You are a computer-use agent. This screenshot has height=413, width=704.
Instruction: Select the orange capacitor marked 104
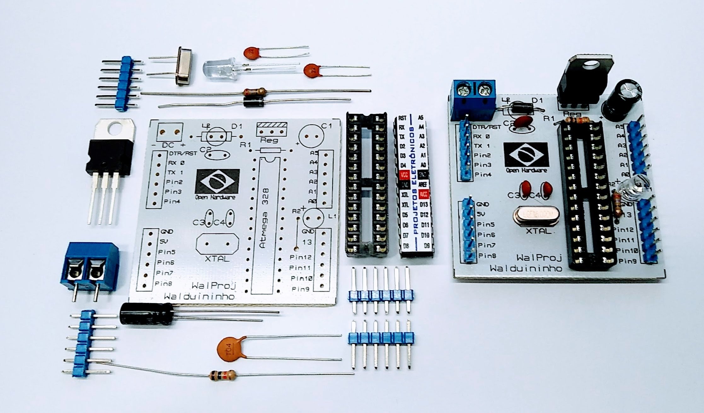(229, 350)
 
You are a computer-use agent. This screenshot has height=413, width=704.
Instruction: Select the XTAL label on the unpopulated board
(217, 259)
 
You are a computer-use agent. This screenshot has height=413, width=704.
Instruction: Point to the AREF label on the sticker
(423, 184)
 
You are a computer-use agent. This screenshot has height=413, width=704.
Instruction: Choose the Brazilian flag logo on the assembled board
(526, 154)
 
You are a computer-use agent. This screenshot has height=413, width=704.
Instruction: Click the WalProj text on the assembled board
(539, 258)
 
